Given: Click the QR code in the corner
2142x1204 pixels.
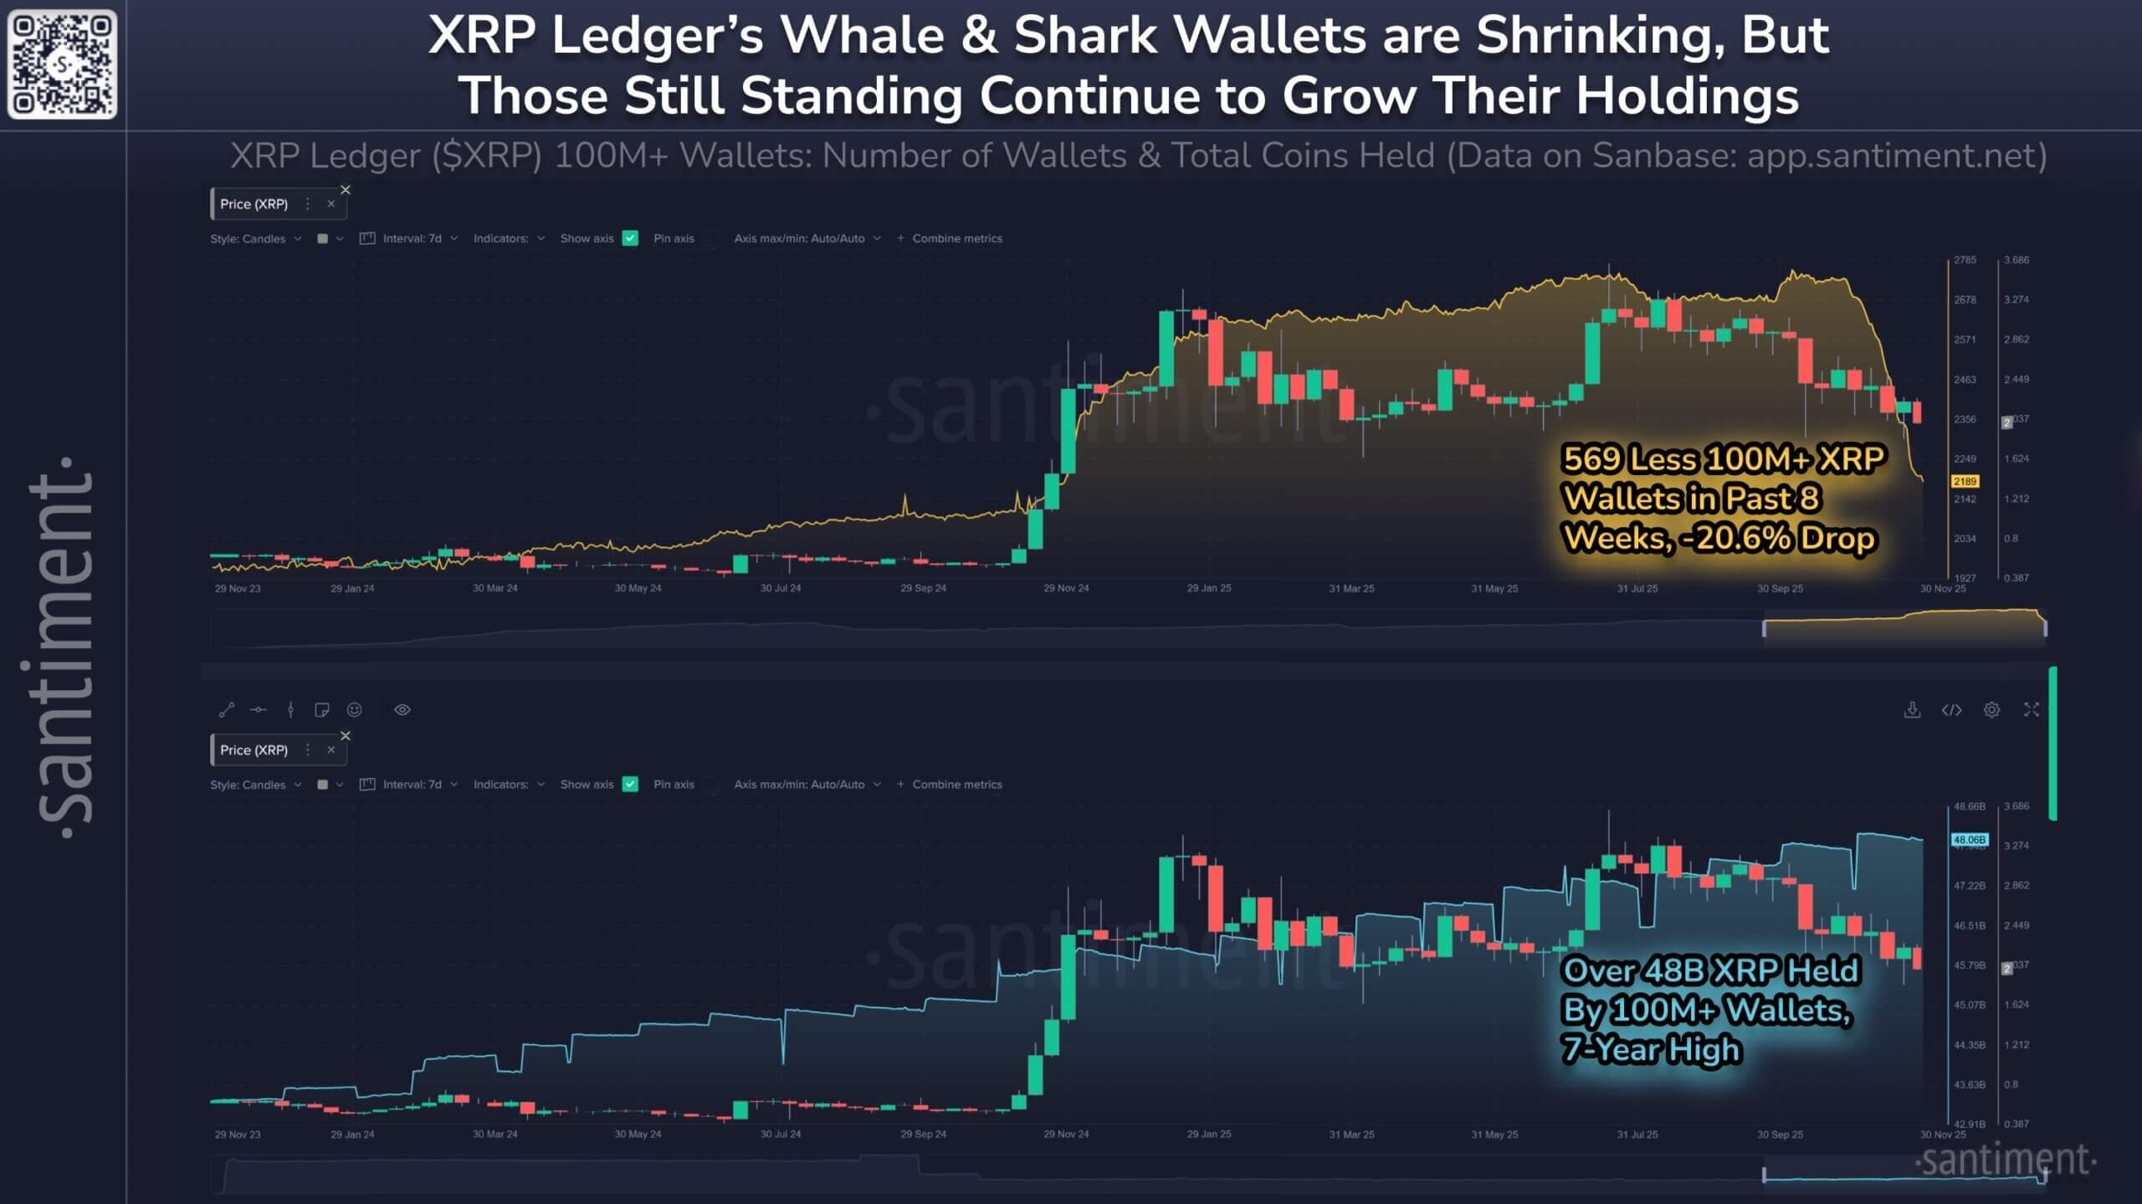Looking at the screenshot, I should pos(62,64).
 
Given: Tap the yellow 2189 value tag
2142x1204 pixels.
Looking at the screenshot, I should pos(1965,481).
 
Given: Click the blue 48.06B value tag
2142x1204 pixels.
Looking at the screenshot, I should pos(1969,839).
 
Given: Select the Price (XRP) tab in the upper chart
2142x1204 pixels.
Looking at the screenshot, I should pos(254,204).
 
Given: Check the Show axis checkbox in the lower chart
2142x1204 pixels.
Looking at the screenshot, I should pos(631,784).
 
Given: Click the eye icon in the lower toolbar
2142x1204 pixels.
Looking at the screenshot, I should pos(402,710).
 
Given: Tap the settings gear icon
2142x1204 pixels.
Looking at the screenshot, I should pos(1991,710).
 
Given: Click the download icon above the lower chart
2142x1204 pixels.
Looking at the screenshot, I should pos(1912,710).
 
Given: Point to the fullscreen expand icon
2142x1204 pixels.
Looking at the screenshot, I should pos(2031,710).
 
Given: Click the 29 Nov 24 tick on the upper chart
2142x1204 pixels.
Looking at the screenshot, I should pos(1066,588).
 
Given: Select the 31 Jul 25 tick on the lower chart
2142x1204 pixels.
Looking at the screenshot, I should pos(1637,1135).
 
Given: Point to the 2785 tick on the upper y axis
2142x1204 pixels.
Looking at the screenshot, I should pos(1965,260).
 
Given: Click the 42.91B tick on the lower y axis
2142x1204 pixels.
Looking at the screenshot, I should pos(1968,1124).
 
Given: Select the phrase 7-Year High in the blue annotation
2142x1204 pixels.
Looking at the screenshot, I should pos(1652,1049).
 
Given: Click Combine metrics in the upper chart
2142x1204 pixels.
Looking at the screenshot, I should pos(956,238).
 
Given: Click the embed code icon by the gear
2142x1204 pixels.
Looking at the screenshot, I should pos(1951,710).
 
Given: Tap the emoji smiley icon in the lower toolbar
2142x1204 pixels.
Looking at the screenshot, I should pos(355,710).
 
